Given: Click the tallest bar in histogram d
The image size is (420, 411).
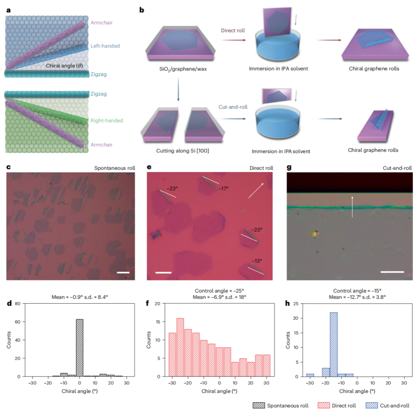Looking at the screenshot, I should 79,348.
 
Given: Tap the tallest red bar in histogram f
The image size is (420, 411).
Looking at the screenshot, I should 180,347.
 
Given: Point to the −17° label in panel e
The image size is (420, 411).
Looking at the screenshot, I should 224,188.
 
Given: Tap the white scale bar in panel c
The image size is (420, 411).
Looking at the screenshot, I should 123,272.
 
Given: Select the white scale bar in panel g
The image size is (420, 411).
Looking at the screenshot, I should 392,271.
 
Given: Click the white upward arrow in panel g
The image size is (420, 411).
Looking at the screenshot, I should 352,206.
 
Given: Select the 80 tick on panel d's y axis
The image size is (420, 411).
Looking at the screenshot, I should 17,304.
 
